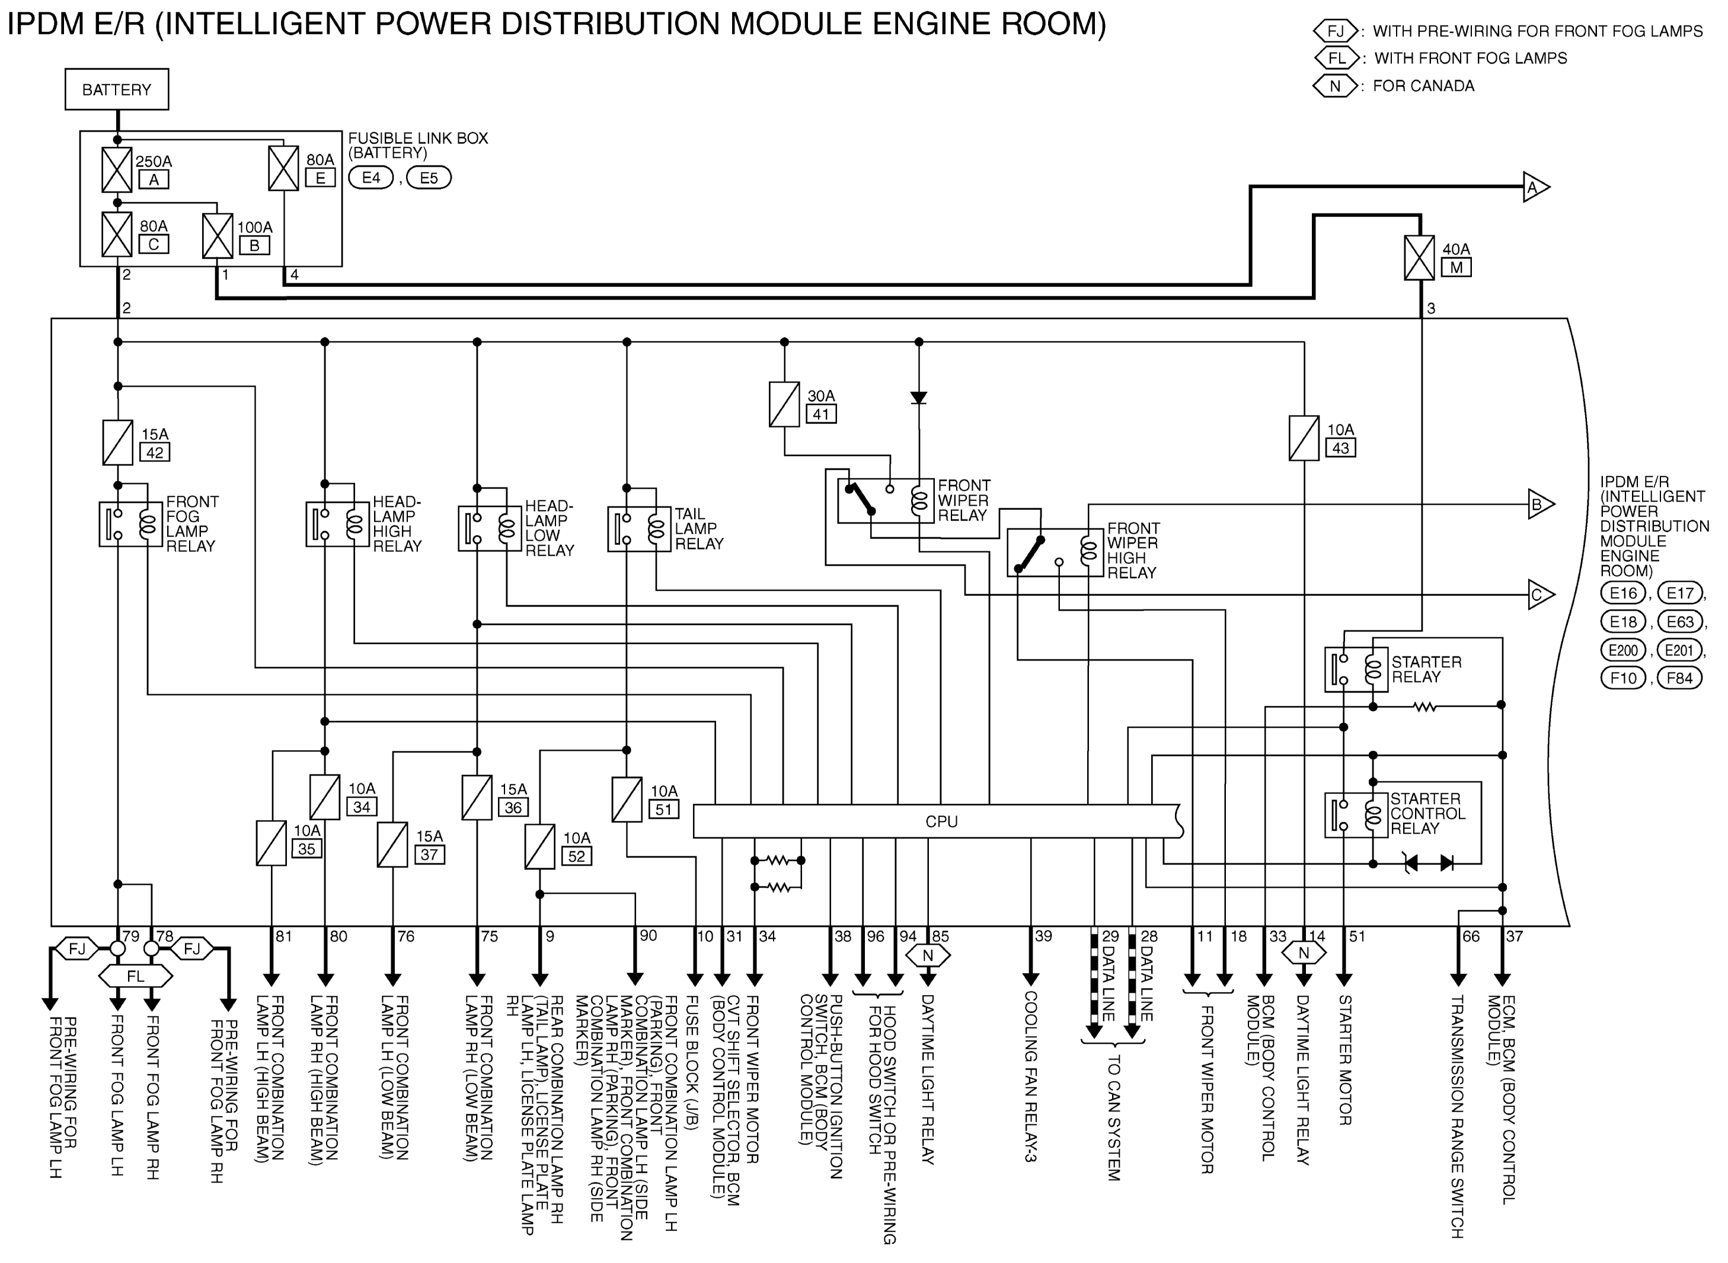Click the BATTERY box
pos(117,90)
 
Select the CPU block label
pos(941,822)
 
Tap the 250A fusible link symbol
pos(117,170)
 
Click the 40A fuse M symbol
pos(1419,258)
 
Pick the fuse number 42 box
pos(154,452)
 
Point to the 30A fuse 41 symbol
pos(784,404)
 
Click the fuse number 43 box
pos(1340,448)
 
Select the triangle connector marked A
pos(1535,187)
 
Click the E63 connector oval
pos(1680,621)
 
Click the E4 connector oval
pos(370,178)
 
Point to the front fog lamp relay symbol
pos(130,524)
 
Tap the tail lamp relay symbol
pos(639,528)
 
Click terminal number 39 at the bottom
pos(1043,936)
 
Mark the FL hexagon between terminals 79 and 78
pos(135,976)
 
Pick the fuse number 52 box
pos(576,856)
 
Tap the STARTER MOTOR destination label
pos(1345,1060)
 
